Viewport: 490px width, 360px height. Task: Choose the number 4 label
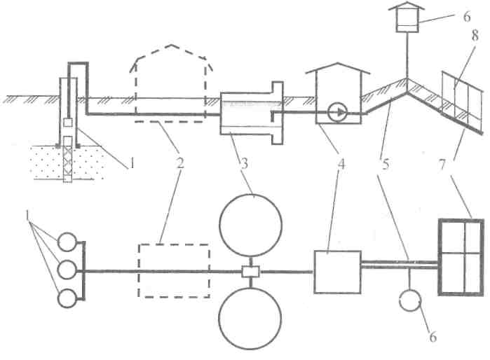(x=343, y=165)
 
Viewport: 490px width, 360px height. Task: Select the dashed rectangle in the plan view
(x=174, y=270)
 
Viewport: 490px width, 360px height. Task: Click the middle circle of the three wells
(x=68, y=270)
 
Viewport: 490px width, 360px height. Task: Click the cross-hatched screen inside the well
(x=68, y=159)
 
